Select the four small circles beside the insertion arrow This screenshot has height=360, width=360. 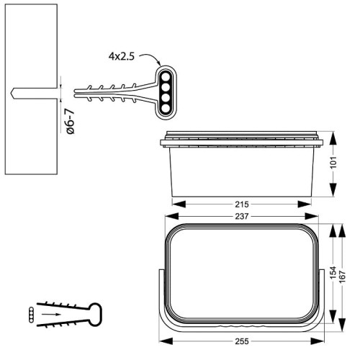[x=29, y=313]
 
